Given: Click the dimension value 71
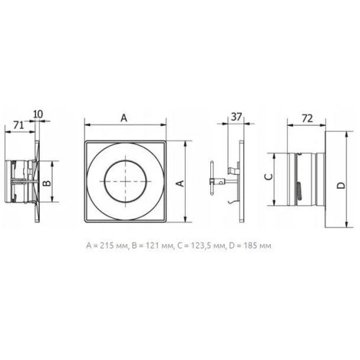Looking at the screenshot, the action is pyautogui.click(x=19, y=125).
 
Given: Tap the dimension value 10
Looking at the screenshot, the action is pyautogui.click(x=38, y=114).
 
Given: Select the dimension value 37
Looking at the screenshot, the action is pyautogui.click(x=236, y=117).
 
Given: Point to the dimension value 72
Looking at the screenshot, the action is pyautogui.click(x=307, y=118).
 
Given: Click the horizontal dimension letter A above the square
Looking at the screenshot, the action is pyautogui.click(x=124, y=118).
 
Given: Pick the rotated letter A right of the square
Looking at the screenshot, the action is pyautogui.click(x=180, y=183).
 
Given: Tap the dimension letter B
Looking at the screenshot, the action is pyautogui.click(x=47, y=183).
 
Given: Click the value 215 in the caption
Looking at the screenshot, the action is pyautogui.click(x=106, y=246).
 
